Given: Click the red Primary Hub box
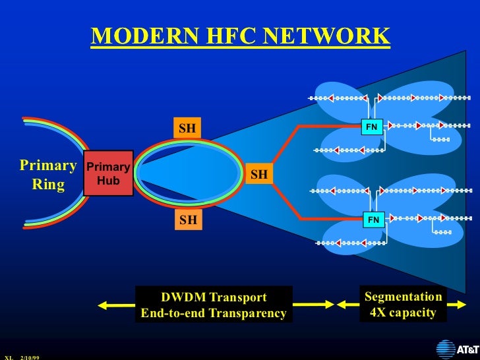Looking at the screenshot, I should pyautogui.click(x=108, y=173).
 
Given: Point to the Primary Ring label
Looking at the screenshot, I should pyautogui.click(x=48, y=174).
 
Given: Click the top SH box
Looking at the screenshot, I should pyautogui.click(x=188, y=128).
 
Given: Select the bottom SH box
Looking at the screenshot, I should pyautogui.click(x=188, y=220).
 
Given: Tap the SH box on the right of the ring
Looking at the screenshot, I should pyautogui.click(x=259, y=175).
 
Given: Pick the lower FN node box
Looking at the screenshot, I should pyautogui.click(x=374, y=220).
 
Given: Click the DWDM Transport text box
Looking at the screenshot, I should pyautogui.click(x=214, y=305).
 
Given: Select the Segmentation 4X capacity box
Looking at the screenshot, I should pyautogui.click(x=403, y=305).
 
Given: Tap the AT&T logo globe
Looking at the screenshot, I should pyautogui.click(x=446, y=348).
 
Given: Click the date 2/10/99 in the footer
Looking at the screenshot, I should pyautogui.click(x=30, y=357).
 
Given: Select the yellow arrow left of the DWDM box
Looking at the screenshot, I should pyautogui.click(x=116, y=305).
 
